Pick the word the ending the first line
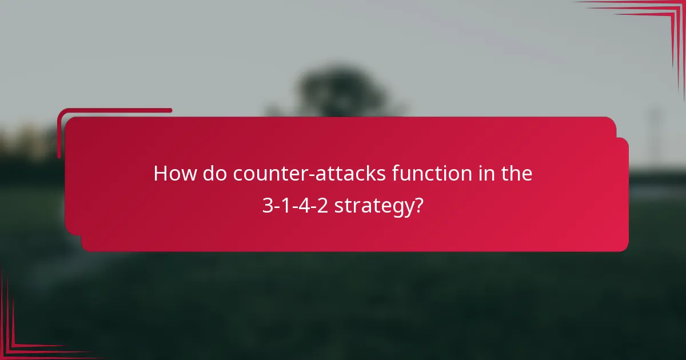[x=517, y=174]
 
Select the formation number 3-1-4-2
[x=296, y=205]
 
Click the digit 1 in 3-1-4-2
[x=286, y=205]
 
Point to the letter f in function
[x=396, y=173]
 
